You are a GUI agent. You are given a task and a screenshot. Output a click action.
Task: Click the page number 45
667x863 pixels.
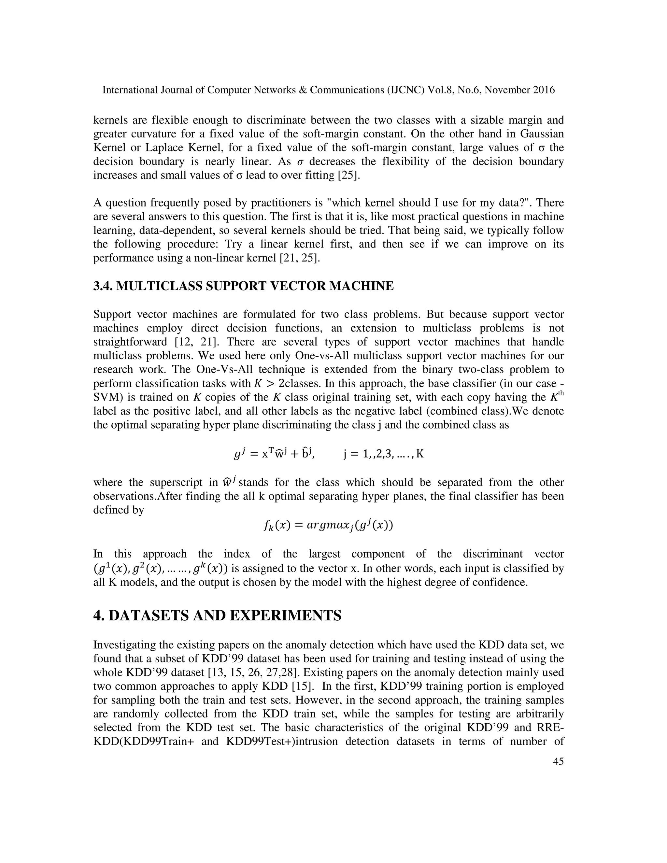click(x=558, y=761)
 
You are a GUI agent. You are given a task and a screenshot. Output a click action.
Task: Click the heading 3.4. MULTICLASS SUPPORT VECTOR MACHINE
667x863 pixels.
click(x=243, y=286)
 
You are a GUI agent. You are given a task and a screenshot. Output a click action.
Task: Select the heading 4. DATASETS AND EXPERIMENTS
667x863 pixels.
click(x=217, y=615)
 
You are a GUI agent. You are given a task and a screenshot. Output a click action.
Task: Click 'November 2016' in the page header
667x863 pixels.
click(x=519, y=90)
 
